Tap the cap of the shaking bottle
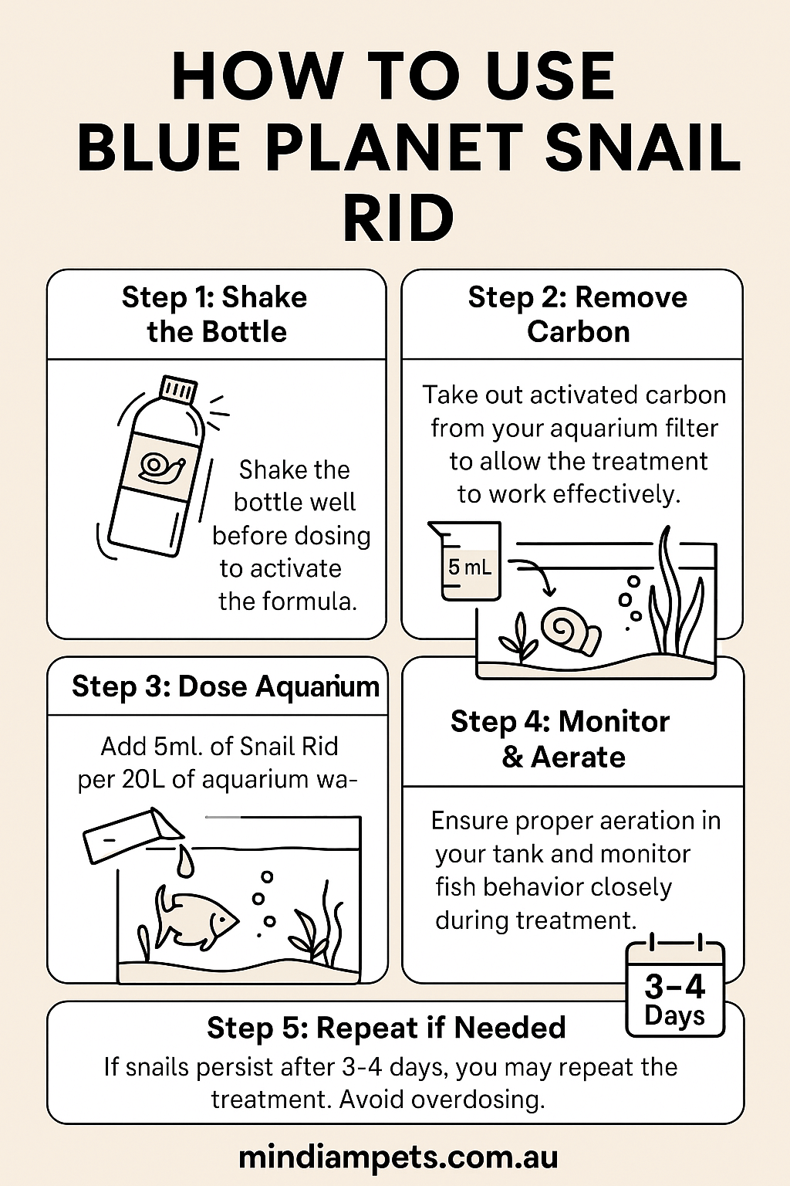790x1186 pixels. point(177,389)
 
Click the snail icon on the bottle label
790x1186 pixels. point(162,466)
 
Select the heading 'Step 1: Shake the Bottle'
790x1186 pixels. point(215,314)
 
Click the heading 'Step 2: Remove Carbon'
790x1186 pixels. point(578,314)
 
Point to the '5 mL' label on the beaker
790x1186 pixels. point(469,568)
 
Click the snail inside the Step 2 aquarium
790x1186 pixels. point(569,630)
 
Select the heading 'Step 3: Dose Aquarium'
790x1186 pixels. point(225,686)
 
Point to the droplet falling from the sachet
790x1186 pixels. point(185,860)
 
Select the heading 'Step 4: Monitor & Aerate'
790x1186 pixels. point(561,739)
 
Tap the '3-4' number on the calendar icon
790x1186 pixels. point(675,986)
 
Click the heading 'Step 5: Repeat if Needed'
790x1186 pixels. point(386,1028)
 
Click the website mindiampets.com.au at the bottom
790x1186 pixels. point(397,1157)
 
